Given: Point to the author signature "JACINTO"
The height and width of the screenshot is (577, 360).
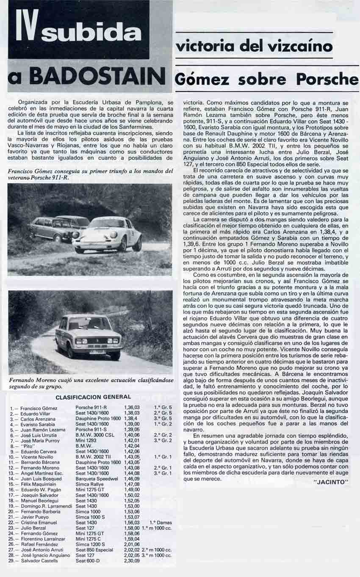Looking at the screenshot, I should [x=332, y=482].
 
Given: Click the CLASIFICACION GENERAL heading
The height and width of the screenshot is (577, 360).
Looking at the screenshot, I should [x=93, y=397].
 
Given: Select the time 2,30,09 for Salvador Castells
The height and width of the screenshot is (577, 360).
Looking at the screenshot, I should [x=131, y=561].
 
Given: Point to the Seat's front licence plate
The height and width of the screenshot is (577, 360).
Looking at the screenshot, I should [x=97, y=351].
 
